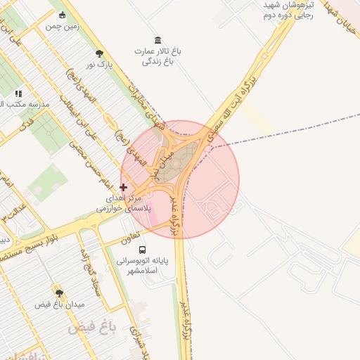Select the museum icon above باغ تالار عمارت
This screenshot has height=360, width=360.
tap(156, 40)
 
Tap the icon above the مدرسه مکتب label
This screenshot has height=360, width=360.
tap(18, 93)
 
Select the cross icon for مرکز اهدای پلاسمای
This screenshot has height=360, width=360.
tap(124, 187)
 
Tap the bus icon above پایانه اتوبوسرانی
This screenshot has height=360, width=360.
tap(143, 250)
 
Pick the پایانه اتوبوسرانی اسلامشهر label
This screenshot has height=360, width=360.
tap(143, 265)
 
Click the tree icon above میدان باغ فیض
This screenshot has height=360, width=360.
tap(58, 292)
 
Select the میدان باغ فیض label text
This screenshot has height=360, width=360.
tap(59, 304)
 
